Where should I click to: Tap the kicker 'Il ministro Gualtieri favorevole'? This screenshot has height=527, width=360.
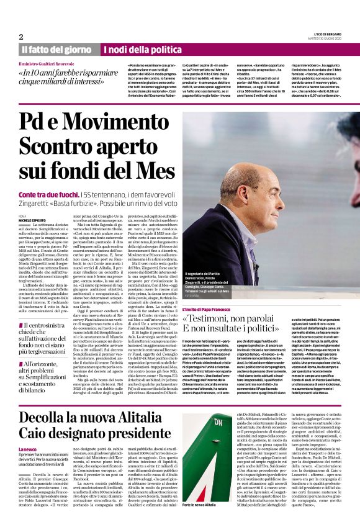[x=49, y=64]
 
